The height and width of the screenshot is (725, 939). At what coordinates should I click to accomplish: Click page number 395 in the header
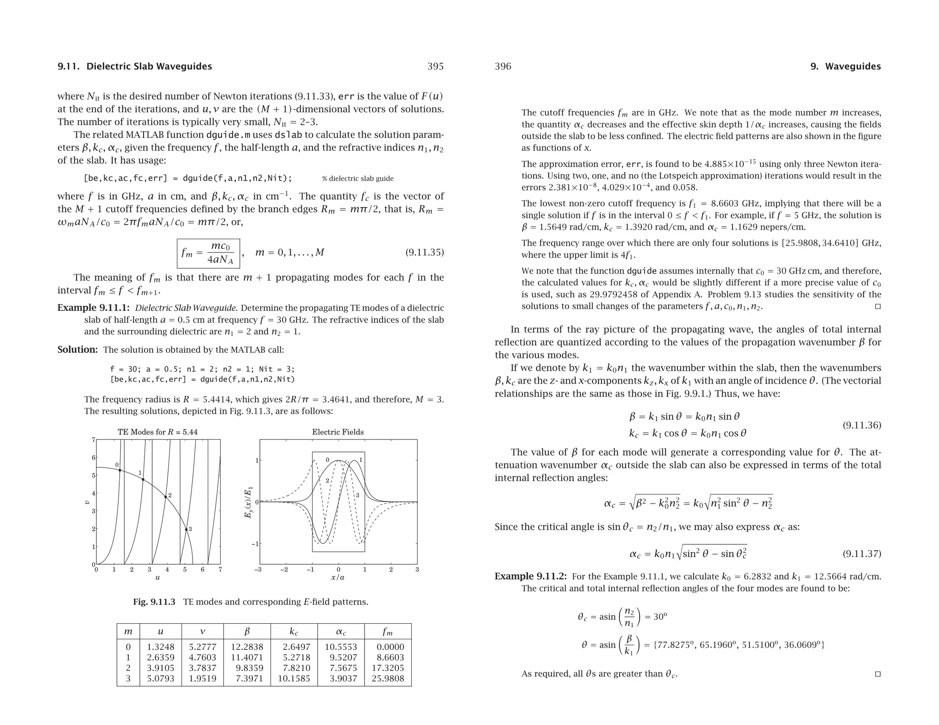[435, 66]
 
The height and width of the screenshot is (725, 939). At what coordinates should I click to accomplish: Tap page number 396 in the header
[503, 66]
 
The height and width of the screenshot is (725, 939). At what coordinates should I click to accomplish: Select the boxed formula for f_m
[208, 253]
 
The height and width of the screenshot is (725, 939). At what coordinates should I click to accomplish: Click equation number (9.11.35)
[425, 253]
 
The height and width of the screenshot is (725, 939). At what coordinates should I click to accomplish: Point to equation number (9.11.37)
[862, 554]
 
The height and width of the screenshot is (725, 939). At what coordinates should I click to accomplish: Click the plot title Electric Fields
[338, 432]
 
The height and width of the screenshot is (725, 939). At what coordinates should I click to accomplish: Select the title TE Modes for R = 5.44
[158, 432]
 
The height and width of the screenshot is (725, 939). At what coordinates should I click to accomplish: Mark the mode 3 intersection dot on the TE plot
[186, 530]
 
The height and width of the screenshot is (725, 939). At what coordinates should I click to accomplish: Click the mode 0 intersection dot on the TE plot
[120, 470]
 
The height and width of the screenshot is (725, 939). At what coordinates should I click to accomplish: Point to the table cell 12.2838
[247, 647]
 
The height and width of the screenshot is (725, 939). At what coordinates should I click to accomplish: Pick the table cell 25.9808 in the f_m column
[388, 678]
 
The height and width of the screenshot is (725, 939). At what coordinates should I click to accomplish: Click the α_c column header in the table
[341, 632]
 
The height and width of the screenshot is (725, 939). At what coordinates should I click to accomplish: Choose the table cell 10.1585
[294, 678]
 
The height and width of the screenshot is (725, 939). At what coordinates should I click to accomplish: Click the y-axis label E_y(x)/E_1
[249, 502]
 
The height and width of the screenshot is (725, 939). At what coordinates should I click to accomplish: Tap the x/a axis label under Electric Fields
[338, 577]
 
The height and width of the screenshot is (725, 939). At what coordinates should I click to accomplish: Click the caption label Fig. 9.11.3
[154, 602]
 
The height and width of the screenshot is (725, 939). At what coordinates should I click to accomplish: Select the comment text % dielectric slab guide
[358, 179]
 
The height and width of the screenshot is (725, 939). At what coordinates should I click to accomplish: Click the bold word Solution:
[77, 350]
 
